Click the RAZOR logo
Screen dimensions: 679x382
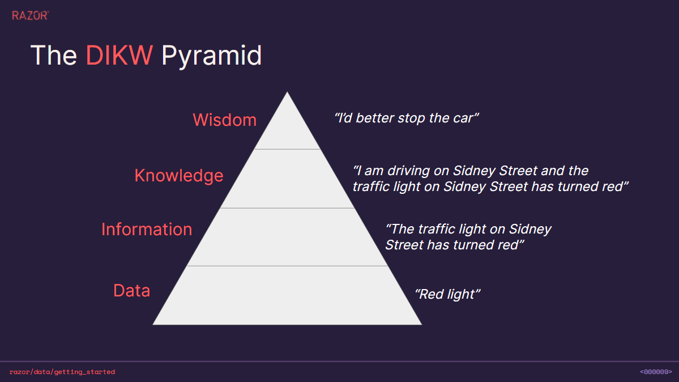tap(31, 16)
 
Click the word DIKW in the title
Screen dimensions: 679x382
tap(119, 56)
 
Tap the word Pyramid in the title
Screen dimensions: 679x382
tap(211, 56)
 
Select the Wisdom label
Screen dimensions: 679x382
tap(224, 120)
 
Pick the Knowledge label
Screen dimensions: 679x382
tap(179, 176)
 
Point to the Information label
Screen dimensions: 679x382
tap(146, 230)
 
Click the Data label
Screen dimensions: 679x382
tap(131, 291)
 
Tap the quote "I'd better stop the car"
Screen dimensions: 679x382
tap(406, 118)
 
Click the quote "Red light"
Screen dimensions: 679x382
tap(447, 294)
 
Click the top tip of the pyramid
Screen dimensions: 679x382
tap(287, 92)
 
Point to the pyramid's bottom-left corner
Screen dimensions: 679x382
tap(153, 324)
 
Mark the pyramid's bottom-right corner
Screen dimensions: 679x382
tap(421, 324)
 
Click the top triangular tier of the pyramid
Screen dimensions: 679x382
tap(287, 130)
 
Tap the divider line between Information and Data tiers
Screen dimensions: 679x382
tap(287, 266)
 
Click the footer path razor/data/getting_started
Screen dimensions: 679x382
tap(62, 372)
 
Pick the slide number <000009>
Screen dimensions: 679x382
tap(656, 372)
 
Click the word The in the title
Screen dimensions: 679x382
tap(54, 56)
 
